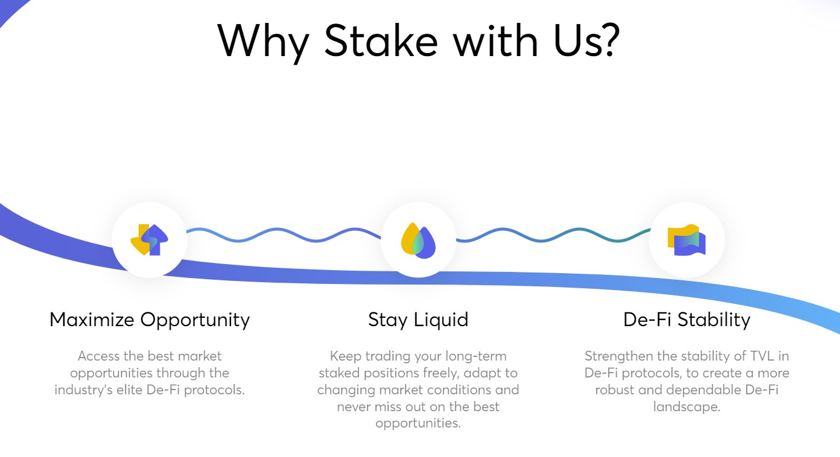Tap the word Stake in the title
(381, 40)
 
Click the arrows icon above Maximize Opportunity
(150, 240)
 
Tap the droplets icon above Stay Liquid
(418, 241)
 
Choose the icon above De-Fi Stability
(687, 240)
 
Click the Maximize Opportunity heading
(150, 320)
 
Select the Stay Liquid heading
(418, 320)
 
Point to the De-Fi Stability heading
(687, 320)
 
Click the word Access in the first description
(99, 356)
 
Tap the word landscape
(687, 407)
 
